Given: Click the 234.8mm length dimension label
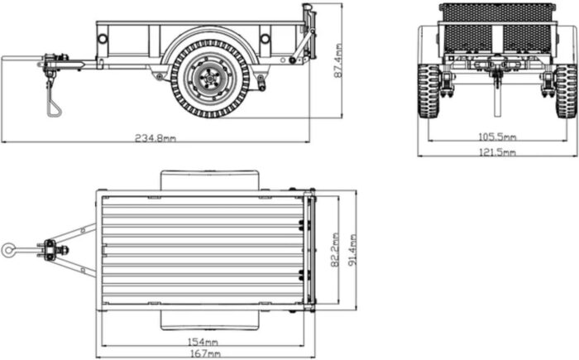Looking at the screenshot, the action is [156, 138].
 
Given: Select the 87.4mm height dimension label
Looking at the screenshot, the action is [337, 60].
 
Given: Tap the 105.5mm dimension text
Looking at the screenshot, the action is [497, 137].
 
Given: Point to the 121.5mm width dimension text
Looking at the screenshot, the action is [497, 152].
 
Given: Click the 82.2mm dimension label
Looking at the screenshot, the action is [335, 250].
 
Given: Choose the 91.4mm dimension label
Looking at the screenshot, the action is [352, 250].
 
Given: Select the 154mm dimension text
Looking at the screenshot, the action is [203, 342].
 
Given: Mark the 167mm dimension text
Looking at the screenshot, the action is [205, 354].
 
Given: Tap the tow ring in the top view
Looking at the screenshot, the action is [8, 250].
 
